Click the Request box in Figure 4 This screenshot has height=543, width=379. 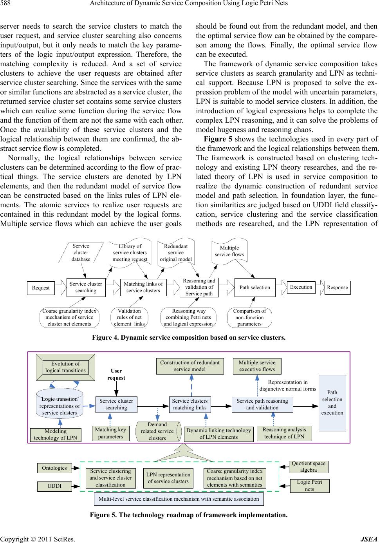pyautogui.click(x=41, y=288)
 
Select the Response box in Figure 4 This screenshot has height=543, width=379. pyautogui.click(x=337, y=287)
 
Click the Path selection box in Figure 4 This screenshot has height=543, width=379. pyautogui.click(x=254, y=287)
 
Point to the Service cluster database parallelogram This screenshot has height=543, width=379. pyautogui.click(x=81, y=253)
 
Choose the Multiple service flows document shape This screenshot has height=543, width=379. pyautogui.click(x=229, y=251)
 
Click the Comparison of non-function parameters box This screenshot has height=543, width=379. pyautogui.click(x=249, y=317)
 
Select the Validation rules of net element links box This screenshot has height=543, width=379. pyautogui.click(x=129, y=317)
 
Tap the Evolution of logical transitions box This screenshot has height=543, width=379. pyautogui.click(x=65, y=367)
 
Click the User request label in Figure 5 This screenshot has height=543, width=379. pyautogui.click(x=116, y=374)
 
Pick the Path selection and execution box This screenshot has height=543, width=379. pyautogui.click(x=332, y=402)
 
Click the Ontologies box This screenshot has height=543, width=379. pyautogui.click(x=54, y=468)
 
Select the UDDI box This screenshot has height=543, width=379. pyautogui.click(x=54, y=486)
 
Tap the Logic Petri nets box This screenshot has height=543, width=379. pyautogui.click(x=309, y=485)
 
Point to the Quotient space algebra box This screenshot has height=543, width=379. pyautogui.click(x=308, y=467)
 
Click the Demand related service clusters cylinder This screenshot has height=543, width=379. pyautogui.click(x=157, y=431)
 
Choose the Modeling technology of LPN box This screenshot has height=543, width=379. pyautogui.click(x=56, y=434)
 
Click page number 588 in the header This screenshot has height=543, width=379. pyautogui.click(x=6, y=4)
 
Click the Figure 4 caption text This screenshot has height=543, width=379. pyautogui.click(x=189, y=338)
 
